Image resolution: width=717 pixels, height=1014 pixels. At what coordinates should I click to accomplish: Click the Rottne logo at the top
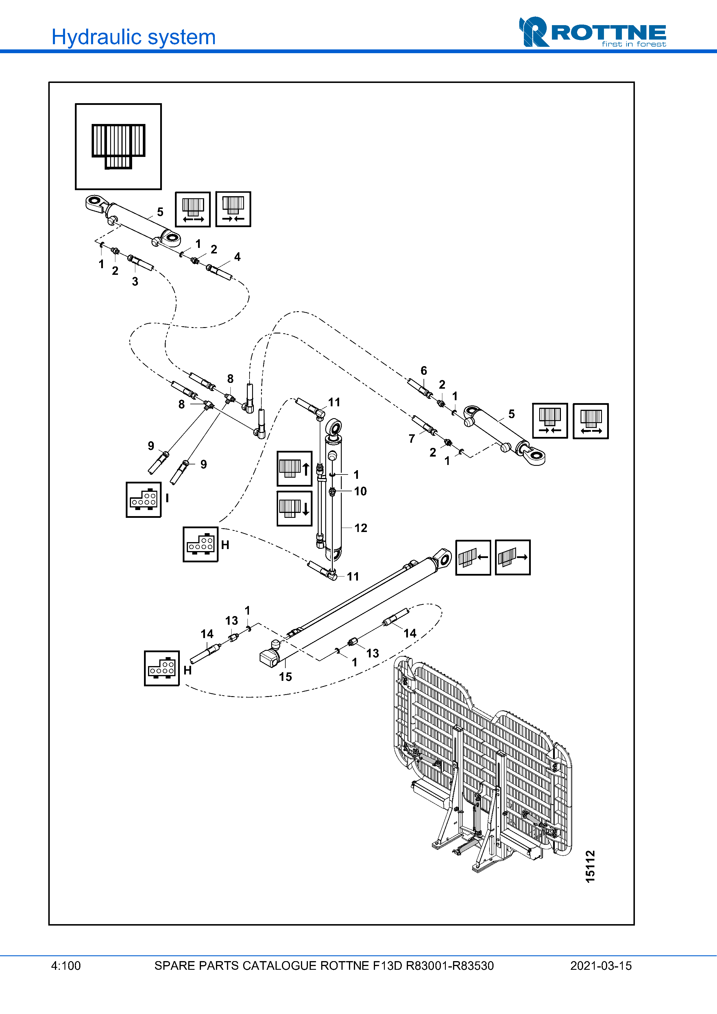(x=592, y=32)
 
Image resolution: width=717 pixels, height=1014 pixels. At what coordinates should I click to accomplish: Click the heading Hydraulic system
(x=133, y=37)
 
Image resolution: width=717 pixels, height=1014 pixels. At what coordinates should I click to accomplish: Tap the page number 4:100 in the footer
(x=66, y=965)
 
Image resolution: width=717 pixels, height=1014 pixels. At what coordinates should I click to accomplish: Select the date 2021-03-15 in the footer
(x=600, y=965)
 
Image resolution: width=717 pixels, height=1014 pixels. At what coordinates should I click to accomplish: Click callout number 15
(x=285, y=676)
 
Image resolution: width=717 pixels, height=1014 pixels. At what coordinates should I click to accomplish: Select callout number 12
(x=361, y=528)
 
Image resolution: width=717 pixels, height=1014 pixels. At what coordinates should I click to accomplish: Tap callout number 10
(x=360, y=491)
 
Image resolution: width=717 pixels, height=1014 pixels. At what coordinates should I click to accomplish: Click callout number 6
(x=424, y=370)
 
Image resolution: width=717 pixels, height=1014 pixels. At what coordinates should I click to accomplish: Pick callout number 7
(x=412, y=439)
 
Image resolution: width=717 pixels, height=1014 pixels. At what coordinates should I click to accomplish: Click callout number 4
(x=237, y=257)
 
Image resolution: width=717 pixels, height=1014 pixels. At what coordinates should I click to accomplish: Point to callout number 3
(x=135, y=281)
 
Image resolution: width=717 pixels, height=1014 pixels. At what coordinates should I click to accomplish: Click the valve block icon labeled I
(x=144, y=500)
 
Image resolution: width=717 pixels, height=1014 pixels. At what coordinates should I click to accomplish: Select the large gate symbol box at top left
(x=119, y=147)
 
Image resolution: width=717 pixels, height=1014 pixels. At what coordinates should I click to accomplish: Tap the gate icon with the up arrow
(x=294, y=469)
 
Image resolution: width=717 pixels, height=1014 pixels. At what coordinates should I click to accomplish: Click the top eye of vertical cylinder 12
(x=334, y=427)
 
